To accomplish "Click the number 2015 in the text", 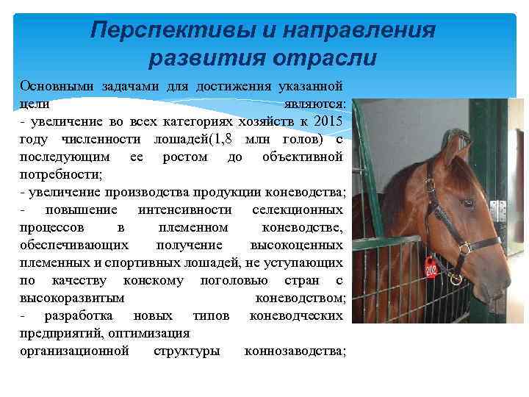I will tap(327, 121).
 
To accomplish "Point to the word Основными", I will tap(54, 85).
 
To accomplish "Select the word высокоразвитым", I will tap(72, 298).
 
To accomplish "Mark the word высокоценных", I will tap(296, 246).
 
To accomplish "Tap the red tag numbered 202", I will tap(431, 268).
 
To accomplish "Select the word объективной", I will tap(302, 157).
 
